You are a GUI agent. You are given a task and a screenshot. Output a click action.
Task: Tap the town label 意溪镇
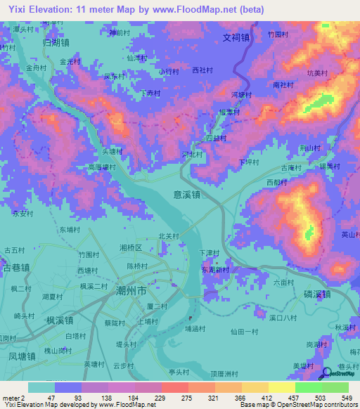tap(186, 195)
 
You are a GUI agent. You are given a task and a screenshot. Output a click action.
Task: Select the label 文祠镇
tap(236, 38)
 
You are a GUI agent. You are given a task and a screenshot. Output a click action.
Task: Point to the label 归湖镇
tap(56, 42)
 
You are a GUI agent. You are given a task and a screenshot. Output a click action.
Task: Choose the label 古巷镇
tap(15, 268)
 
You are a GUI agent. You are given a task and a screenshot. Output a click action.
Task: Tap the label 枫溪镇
tap(60, 320)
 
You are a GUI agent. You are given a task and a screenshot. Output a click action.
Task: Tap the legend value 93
tap(68, 398)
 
